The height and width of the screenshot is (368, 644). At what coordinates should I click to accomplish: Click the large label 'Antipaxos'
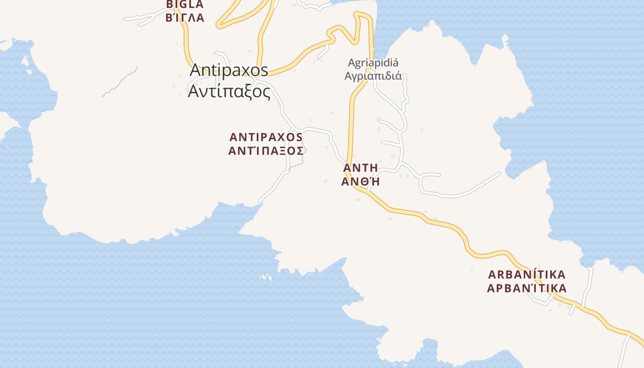(x=229, y=70)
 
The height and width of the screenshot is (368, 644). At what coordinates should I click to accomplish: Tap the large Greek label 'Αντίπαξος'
(x=229, y=92)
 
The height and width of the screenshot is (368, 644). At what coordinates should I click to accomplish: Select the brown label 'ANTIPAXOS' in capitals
(x=266, y=137)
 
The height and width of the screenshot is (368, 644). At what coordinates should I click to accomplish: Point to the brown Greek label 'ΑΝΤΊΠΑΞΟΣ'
(x=266, y=151)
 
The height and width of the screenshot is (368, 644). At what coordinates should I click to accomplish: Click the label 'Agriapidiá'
(x=373, y=63)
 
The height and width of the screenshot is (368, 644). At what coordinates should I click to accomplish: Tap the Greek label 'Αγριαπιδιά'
(x=373, y=76)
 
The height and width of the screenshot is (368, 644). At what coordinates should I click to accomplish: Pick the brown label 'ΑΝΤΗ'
(x=361, y=167)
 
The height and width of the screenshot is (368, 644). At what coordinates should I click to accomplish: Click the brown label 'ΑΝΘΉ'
(x=361, y=181)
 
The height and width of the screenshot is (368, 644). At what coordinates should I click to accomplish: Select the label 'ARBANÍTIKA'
(x=527, y=275)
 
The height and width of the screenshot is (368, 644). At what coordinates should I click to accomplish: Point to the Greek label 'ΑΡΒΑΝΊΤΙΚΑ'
(x=527, y=289)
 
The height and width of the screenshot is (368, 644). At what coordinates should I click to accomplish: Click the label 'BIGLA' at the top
(x=184, y=5)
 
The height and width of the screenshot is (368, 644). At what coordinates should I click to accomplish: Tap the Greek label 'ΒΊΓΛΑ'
(x=184, y=18)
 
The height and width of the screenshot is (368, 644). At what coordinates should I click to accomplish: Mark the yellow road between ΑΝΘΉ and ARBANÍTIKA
(x=442, y=222)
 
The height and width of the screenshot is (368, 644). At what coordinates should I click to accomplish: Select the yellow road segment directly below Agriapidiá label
(x=353, y=120)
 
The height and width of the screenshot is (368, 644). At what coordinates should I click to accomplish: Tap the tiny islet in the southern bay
(x=266, y=277)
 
